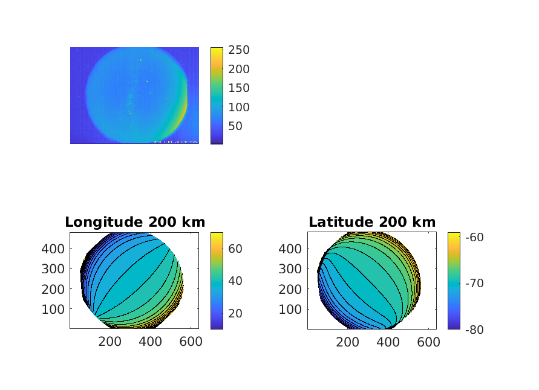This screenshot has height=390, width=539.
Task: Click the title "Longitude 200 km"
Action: pyautogui.click(x=134, y=222)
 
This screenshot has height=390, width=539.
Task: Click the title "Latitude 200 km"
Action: pyautogui.click(x=372, y=222)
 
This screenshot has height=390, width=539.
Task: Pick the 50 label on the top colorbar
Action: pyautogui.click(x=234, y=126)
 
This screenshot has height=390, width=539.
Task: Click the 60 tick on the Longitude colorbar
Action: pyautogui.click(x=234, y=248)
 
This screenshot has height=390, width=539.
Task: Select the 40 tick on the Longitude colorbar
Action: pyautogui.click(x=234, y=281)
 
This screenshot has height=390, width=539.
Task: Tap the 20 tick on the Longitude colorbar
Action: pyautogui.click(x=234, y=313)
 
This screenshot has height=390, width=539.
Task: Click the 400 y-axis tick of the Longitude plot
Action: pyautogui.click(x=54, y=249)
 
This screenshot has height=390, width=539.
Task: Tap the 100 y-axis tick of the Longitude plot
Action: pyautogui.click(x=54, y=309)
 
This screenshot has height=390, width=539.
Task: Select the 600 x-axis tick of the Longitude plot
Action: pyautogui.click(x=191, y=342)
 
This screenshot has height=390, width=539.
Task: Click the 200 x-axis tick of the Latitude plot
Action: pyautogui.click(x=347, y=342)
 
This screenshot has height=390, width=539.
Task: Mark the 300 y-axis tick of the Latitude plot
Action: pyautogui.click(x=292, y=268)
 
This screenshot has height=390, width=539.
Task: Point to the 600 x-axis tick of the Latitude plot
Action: pyautogui.click(x=428, y=342)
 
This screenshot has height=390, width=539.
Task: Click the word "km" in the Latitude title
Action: pyautogui.click(x=423, y=222)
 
